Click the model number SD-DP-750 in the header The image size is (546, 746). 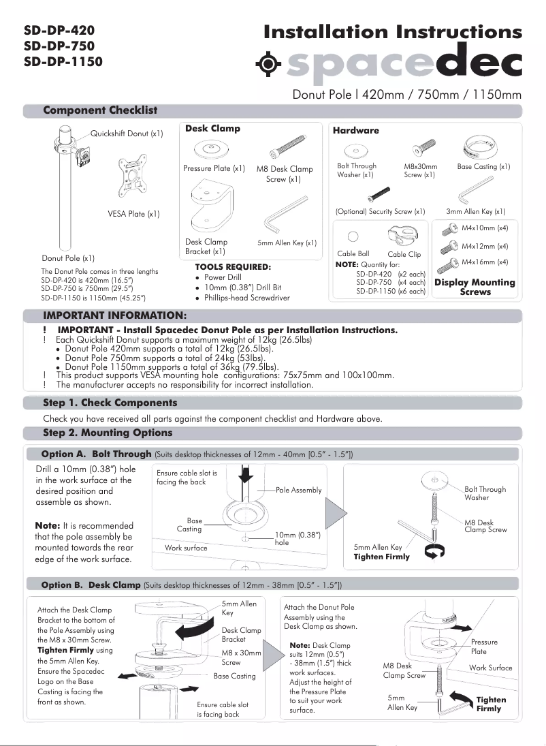[x=59, y=46]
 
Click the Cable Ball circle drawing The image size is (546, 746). [x=353, y=237]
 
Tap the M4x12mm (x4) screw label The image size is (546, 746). [x=485, y=246]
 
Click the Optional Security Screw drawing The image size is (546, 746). [x=379, y=194]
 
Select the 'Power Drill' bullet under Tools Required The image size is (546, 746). [x=223, y=278]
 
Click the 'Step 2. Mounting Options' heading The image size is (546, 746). [x=108, y=433]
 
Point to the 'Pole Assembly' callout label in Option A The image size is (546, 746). [x=299, y=491]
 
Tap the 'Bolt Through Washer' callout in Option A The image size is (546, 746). [x=485, y=493]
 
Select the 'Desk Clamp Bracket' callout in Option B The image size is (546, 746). [x=241, y=635]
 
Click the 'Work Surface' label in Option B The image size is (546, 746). [x=490, y=668]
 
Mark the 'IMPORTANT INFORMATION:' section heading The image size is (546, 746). [x=114, y=316]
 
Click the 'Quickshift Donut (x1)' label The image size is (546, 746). [x=127, y=134]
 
